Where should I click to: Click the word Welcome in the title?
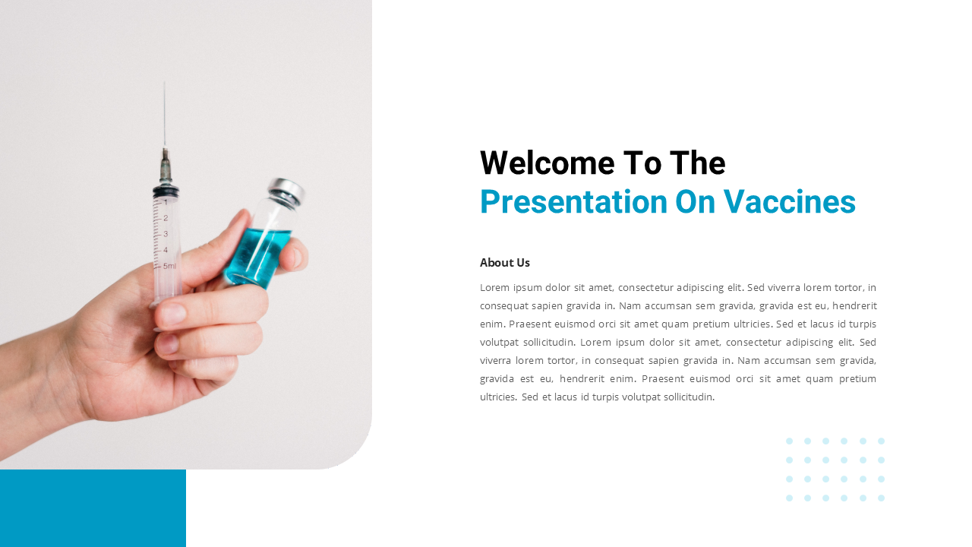click(547, 163)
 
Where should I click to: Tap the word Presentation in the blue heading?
click(573, 202)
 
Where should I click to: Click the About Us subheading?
click(505, 263)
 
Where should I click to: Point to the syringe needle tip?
click(164, 84)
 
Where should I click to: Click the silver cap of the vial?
click(286, 191)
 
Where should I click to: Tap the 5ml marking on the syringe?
click(169, 266)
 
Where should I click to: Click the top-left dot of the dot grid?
click(789, 441)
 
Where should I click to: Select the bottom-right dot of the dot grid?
click(881, 498)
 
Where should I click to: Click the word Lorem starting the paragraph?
click(494, 287)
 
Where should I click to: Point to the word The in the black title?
click(697, 163)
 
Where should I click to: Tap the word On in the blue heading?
click(696, 202)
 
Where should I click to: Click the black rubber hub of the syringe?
click(166, 190)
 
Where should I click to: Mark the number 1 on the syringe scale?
click(166, 202)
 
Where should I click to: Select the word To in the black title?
click(641, 163)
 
